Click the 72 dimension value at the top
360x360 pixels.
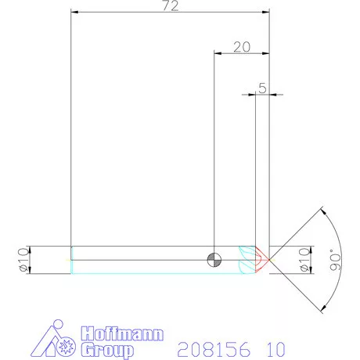170,6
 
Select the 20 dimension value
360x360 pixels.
242,47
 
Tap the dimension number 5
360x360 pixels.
262,88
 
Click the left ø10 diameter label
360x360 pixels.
23,260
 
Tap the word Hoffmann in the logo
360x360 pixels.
125,335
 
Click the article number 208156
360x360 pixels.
209,347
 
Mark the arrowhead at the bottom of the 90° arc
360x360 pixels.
321,308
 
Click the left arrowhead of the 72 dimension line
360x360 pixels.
74,13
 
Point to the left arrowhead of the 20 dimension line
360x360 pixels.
218,53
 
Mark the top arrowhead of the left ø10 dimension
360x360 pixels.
31,248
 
